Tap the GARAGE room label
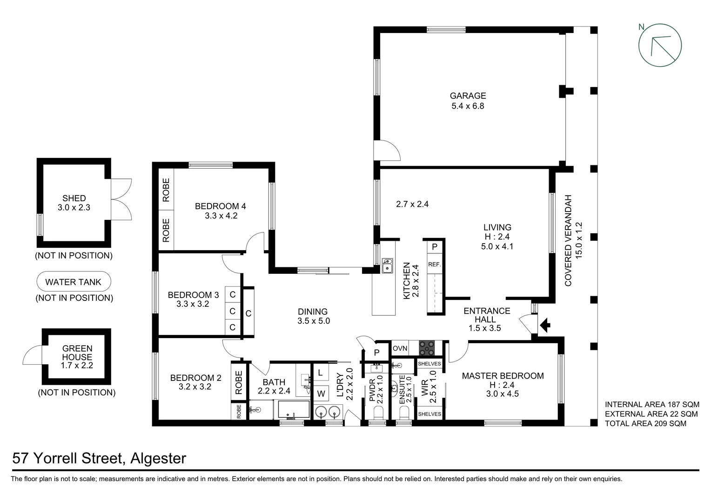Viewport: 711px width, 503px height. point(468,96)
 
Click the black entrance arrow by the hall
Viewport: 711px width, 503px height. point(545,325)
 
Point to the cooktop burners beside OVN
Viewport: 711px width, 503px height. point(426,348)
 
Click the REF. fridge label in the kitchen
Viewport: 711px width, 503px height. point(434,265)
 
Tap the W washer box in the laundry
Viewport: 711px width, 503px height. point(321,394)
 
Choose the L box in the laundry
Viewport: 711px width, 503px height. point(320,373)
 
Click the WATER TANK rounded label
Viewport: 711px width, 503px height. point(74,282)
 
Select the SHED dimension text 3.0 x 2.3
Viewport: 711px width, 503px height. point(74,208)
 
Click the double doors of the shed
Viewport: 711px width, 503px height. point(121,199)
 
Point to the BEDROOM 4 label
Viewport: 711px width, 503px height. point(220,206)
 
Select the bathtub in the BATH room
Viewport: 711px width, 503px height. point(294,410)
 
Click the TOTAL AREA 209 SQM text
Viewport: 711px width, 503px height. point(645,423)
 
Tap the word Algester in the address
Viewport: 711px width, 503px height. point(158,458)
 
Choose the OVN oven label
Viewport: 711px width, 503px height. point(400,348)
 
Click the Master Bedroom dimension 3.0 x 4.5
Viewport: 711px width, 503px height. point(503,394)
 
